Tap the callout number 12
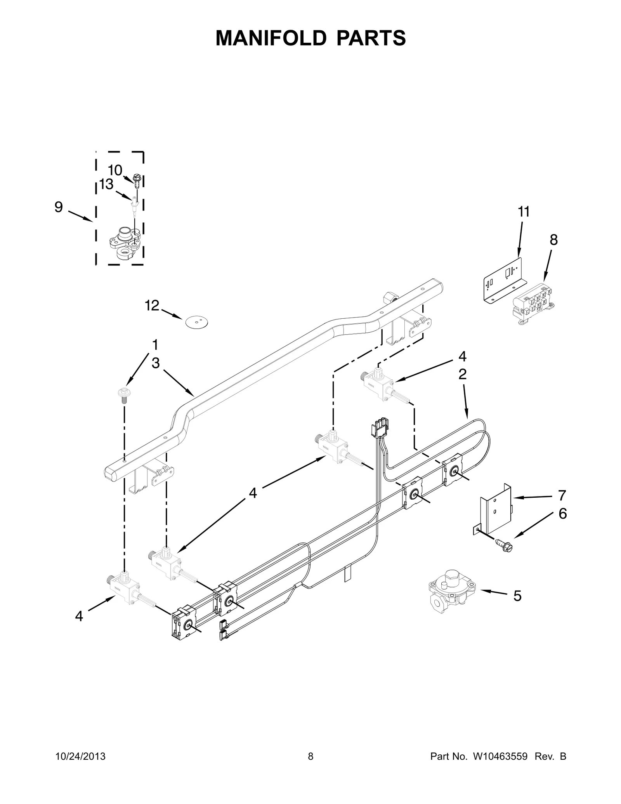click(152, 306)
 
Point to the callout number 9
click(58, 207)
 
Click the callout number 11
click(524, 212)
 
